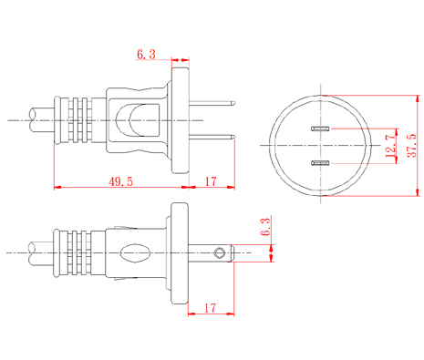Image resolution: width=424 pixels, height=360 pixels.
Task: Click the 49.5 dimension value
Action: [x=120, y=181]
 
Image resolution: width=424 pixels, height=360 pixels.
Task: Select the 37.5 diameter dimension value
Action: [x=412, y=145]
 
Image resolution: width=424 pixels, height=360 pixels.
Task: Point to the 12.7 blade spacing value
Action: [x=391, y=146]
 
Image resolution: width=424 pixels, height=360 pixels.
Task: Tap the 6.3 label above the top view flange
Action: [x=146, y=55]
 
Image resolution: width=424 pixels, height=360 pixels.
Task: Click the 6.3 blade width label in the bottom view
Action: [x=265, y=227]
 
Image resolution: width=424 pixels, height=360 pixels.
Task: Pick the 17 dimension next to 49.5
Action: [x=211, y=181]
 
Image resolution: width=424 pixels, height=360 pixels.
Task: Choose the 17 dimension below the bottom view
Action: [x=210, y=308]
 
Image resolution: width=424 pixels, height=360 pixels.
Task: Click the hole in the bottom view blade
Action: [x=219, y=253]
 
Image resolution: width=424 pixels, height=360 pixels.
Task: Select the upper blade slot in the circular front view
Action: [x=320, y=129]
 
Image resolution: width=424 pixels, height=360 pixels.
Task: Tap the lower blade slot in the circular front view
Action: [x=320, y=163]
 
